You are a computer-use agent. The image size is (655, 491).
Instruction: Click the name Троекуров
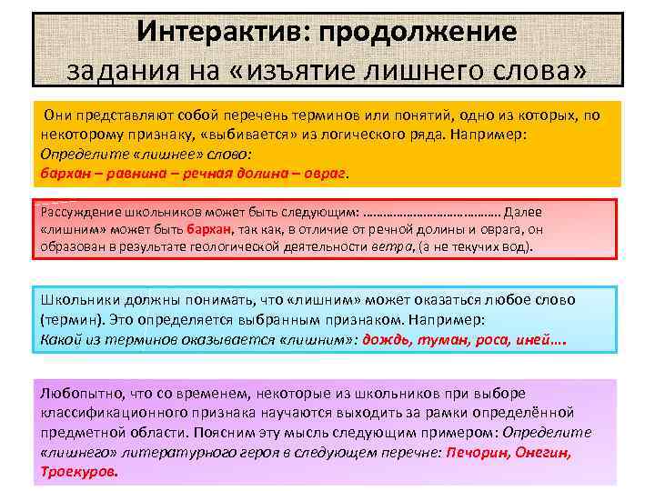[79, 473]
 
